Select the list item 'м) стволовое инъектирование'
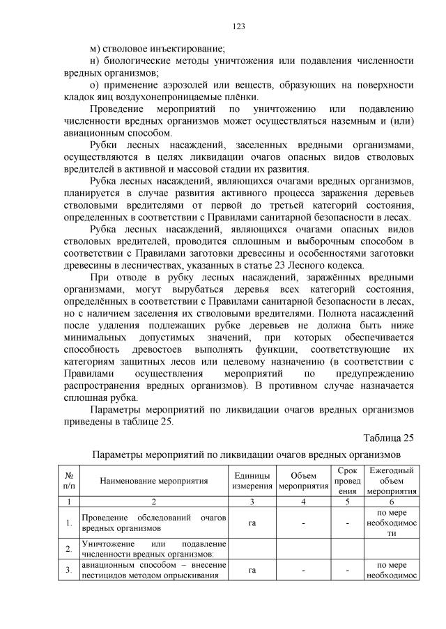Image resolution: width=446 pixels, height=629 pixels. (x=157, y=49)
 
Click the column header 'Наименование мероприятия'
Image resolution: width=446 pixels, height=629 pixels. (x=154, y=481)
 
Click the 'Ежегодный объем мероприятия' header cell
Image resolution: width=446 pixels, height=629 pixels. (x=391, y=480)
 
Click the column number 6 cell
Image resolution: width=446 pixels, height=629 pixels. (x=391, y=501)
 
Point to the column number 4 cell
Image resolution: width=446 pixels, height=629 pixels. (x=302, y=501)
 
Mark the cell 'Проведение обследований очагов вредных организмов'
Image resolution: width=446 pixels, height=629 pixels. (x=154, y=523)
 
